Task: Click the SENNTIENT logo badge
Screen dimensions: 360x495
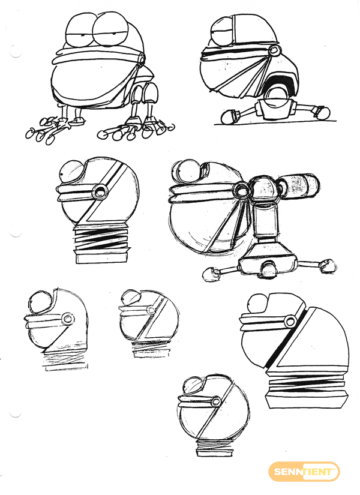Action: point(304,472)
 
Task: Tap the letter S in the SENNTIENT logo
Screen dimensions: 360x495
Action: point(277,472)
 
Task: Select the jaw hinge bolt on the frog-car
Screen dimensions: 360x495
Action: point(274,50)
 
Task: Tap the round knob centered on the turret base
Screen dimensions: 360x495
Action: point(269,269)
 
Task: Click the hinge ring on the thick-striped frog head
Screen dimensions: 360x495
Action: point(290,322)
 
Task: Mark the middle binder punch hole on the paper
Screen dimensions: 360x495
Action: point(15,234)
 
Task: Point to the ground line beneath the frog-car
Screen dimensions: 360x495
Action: point(275,122)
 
